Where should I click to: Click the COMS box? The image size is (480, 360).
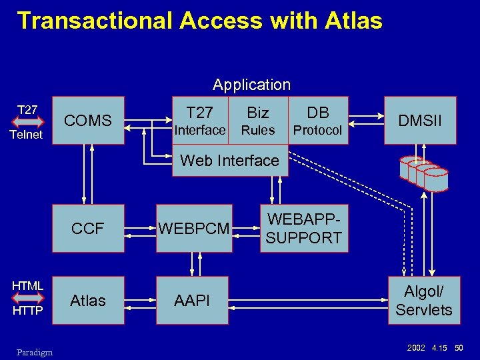click(88, 121)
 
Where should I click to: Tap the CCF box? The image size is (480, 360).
click(88, 229)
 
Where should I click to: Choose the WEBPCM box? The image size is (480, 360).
click(194, 229)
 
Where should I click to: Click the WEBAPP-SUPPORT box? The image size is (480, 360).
click(304, 228)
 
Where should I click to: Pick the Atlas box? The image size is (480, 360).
click(88, 301)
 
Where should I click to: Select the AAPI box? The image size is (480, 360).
click(192, 301)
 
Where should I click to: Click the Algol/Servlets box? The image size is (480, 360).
click(423, 301)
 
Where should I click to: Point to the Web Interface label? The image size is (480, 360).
click(230, 161)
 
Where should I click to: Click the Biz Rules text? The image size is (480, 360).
click(258, 121)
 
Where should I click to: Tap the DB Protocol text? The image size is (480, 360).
click(318, 121)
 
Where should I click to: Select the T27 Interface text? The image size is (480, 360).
click(199, 121)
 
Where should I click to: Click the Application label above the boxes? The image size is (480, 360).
click(251, 85)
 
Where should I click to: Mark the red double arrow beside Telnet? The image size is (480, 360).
click(28, 122)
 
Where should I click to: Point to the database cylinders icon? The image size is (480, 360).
click(424, 172)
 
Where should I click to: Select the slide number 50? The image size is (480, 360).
click(459, 347)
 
